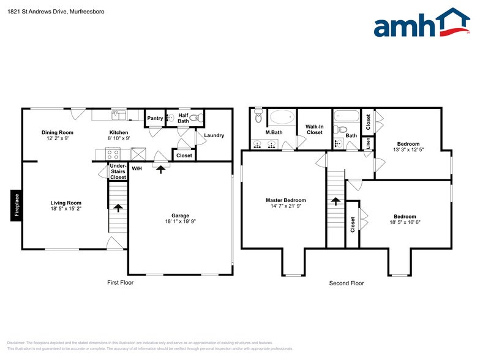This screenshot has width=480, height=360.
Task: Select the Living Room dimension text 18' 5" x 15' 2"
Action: [66, 209]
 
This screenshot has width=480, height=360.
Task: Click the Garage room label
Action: [180, 215]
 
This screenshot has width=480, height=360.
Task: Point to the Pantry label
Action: [155, 118]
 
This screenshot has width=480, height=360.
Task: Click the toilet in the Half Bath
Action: [194, 118]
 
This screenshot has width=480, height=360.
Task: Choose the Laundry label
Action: [214, 135]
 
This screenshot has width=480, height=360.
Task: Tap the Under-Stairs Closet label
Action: [118, 171]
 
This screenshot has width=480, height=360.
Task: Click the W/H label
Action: [137, 168]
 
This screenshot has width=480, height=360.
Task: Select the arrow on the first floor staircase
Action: [118, 209]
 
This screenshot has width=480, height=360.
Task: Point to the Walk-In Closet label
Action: [314, 129]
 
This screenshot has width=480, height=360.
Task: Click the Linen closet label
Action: [368, 143]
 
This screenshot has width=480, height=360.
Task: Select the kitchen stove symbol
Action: [100, 155]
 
